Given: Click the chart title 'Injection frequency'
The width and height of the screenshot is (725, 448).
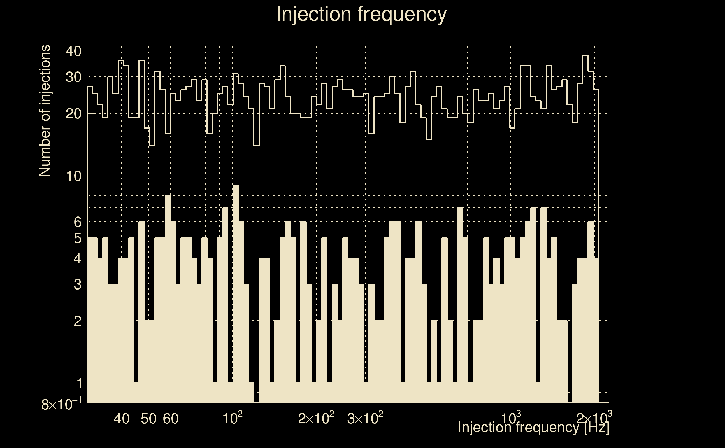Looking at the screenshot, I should point(361,14).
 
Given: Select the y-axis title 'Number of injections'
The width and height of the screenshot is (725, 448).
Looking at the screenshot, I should point(45,111).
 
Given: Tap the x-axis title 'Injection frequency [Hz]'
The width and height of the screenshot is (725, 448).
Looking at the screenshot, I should point(533,427).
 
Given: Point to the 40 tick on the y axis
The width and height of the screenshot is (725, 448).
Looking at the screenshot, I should point(73,52).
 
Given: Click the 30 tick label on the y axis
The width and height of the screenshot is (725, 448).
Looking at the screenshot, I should point(73,77).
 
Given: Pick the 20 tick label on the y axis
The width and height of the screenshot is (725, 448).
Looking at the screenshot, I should point(73,114).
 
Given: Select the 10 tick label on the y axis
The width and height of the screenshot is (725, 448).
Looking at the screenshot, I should point(73,176).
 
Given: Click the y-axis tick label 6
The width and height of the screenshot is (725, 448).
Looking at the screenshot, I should point(77,222).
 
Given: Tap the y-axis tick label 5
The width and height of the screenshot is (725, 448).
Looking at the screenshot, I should point(77,238).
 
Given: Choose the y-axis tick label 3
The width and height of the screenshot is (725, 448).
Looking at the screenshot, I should point(77,284).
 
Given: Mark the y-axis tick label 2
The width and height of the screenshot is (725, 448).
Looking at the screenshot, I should point(77,321).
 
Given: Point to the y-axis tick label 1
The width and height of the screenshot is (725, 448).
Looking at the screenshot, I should point(79,384).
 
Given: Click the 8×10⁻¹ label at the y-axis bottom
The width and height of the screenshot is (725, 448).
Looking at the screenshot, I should point(61,404).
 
